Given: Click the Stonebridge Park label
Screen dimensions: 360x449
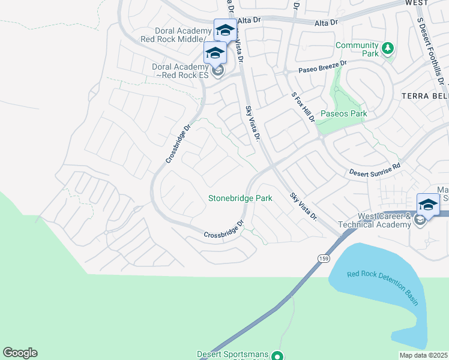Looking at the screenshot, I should point(240,198).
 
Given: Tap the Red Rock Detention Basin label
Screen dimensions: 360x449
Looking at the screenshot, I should point(382,288).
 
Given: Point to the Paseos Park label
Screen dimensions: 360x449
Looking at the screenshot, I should point(343,113).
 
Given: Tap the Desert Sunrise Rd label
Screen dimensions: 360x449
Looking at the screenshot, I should point(375,171).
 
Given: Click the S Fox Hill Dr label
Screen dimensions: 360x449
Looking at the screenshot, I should point(303,107).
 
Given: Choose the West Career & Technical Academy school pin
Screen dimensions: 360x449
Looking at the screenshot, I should point(427,205).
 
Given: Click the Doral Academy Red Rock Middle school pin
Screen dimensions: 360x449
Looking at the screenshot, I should point(225,30).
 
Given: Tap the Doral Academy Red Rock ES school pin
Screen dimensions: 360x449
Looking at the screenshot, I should point(215,53).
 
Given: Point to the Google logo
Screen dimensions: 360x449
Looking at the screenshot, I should point(20,353).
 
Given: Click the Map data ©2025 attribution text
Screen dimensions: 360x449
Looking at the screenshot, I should point(424,355).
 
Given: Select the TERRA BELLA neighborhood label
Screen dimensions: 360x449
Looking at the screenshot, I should point(425,96).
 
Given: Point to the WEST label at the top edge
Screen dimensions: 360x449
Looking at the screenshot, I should point(417,3).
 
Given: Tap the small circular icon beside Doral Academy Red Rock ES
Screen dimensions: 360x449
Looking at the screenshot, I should point(218,72).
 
